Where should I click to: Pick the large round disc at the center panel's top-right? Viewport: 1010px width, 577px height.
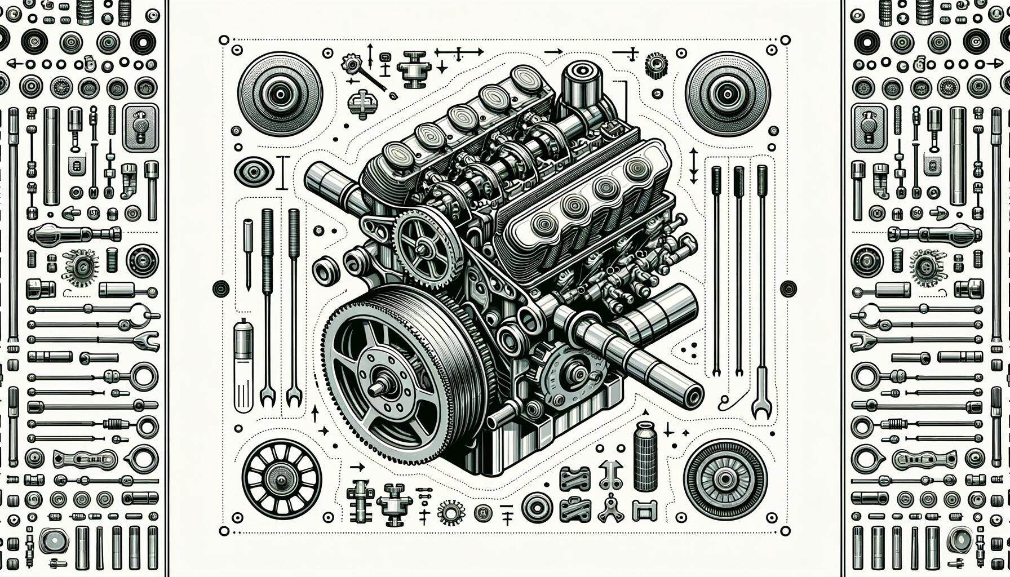pyautogui.click(x=728, y=94)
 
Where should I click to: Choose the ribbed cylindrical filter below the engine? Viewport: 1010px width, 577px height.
pyautogui.click(x=645, y=456)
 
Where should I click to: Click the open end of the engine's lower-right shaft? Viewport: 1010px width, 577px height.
pyautogui.click(x=692, y=396)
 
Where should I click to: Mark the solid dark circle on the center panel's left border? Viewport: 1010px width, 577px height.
pyautogui.click(x=221, y=288)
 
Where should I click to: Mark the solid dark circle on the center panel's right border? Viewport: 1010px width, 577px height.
pyautogui.click(x=788, y=288)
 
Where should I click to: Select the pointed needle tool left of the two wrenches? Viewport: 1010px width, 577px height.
pyautogui.click(x=248, y=254)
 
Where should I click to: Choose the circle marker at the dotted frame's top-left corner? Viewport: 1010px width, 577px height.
pyautogui.click(x=224, y=40)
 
